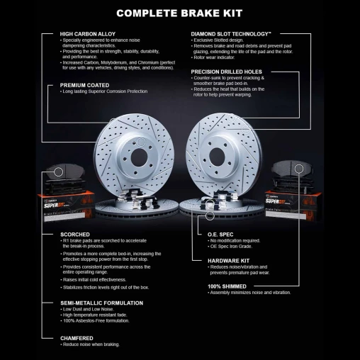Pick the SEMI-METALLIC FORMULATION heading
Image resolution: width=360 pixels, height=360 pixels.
pyautogui.click(x=102, y=303)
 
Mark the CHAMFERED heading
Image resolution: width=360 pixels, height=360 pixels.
pyautogui.click(x=76, y=338)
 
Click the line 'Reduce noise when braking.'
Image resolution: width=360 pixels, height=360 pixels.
pyautogui.click(x=91, y=345)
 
